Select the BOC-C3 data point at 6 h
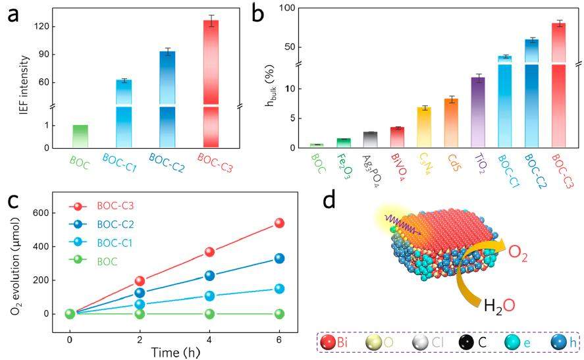[279, 223]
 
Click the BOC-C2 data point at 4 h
[209, 275]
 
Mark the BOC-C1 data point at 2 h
[140, 304]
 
